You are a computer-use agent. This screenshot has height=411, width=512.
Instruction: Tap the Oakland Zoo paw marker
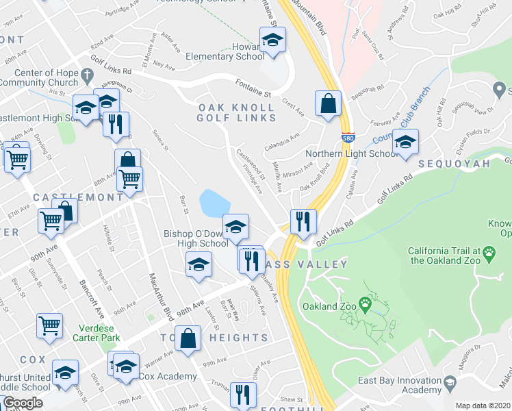(367, 302)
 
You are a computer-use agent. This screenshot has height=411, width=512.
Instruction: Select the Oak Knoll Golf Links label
(237, 112)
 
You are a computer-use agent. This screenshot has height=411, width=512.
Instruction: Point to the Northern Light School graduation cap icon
(405, 142)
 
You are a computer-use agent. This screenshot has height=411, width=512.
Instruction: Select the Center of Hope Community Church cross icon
(86, 73)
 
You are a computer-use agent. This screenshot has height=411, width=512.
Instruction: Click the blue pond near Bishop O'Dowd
(214, 203)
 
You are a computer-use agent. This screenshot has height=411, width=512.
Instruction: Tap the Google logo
(23, 403)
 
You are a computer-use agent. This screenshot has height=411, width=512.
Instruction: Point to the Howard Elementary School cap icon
(272, 40)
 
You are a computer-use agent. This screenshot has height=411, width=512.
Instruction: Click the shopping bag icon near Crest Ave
(328, 103)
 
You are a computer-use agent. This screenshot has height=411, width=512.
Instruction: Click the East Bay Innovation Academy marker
(449, 382)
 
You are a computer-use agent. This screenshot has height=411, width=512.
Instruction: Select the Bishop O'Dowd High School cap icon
(235, 226)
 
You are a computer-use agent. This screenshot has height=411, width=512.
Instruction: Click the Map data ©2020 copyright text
(482, 406)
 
